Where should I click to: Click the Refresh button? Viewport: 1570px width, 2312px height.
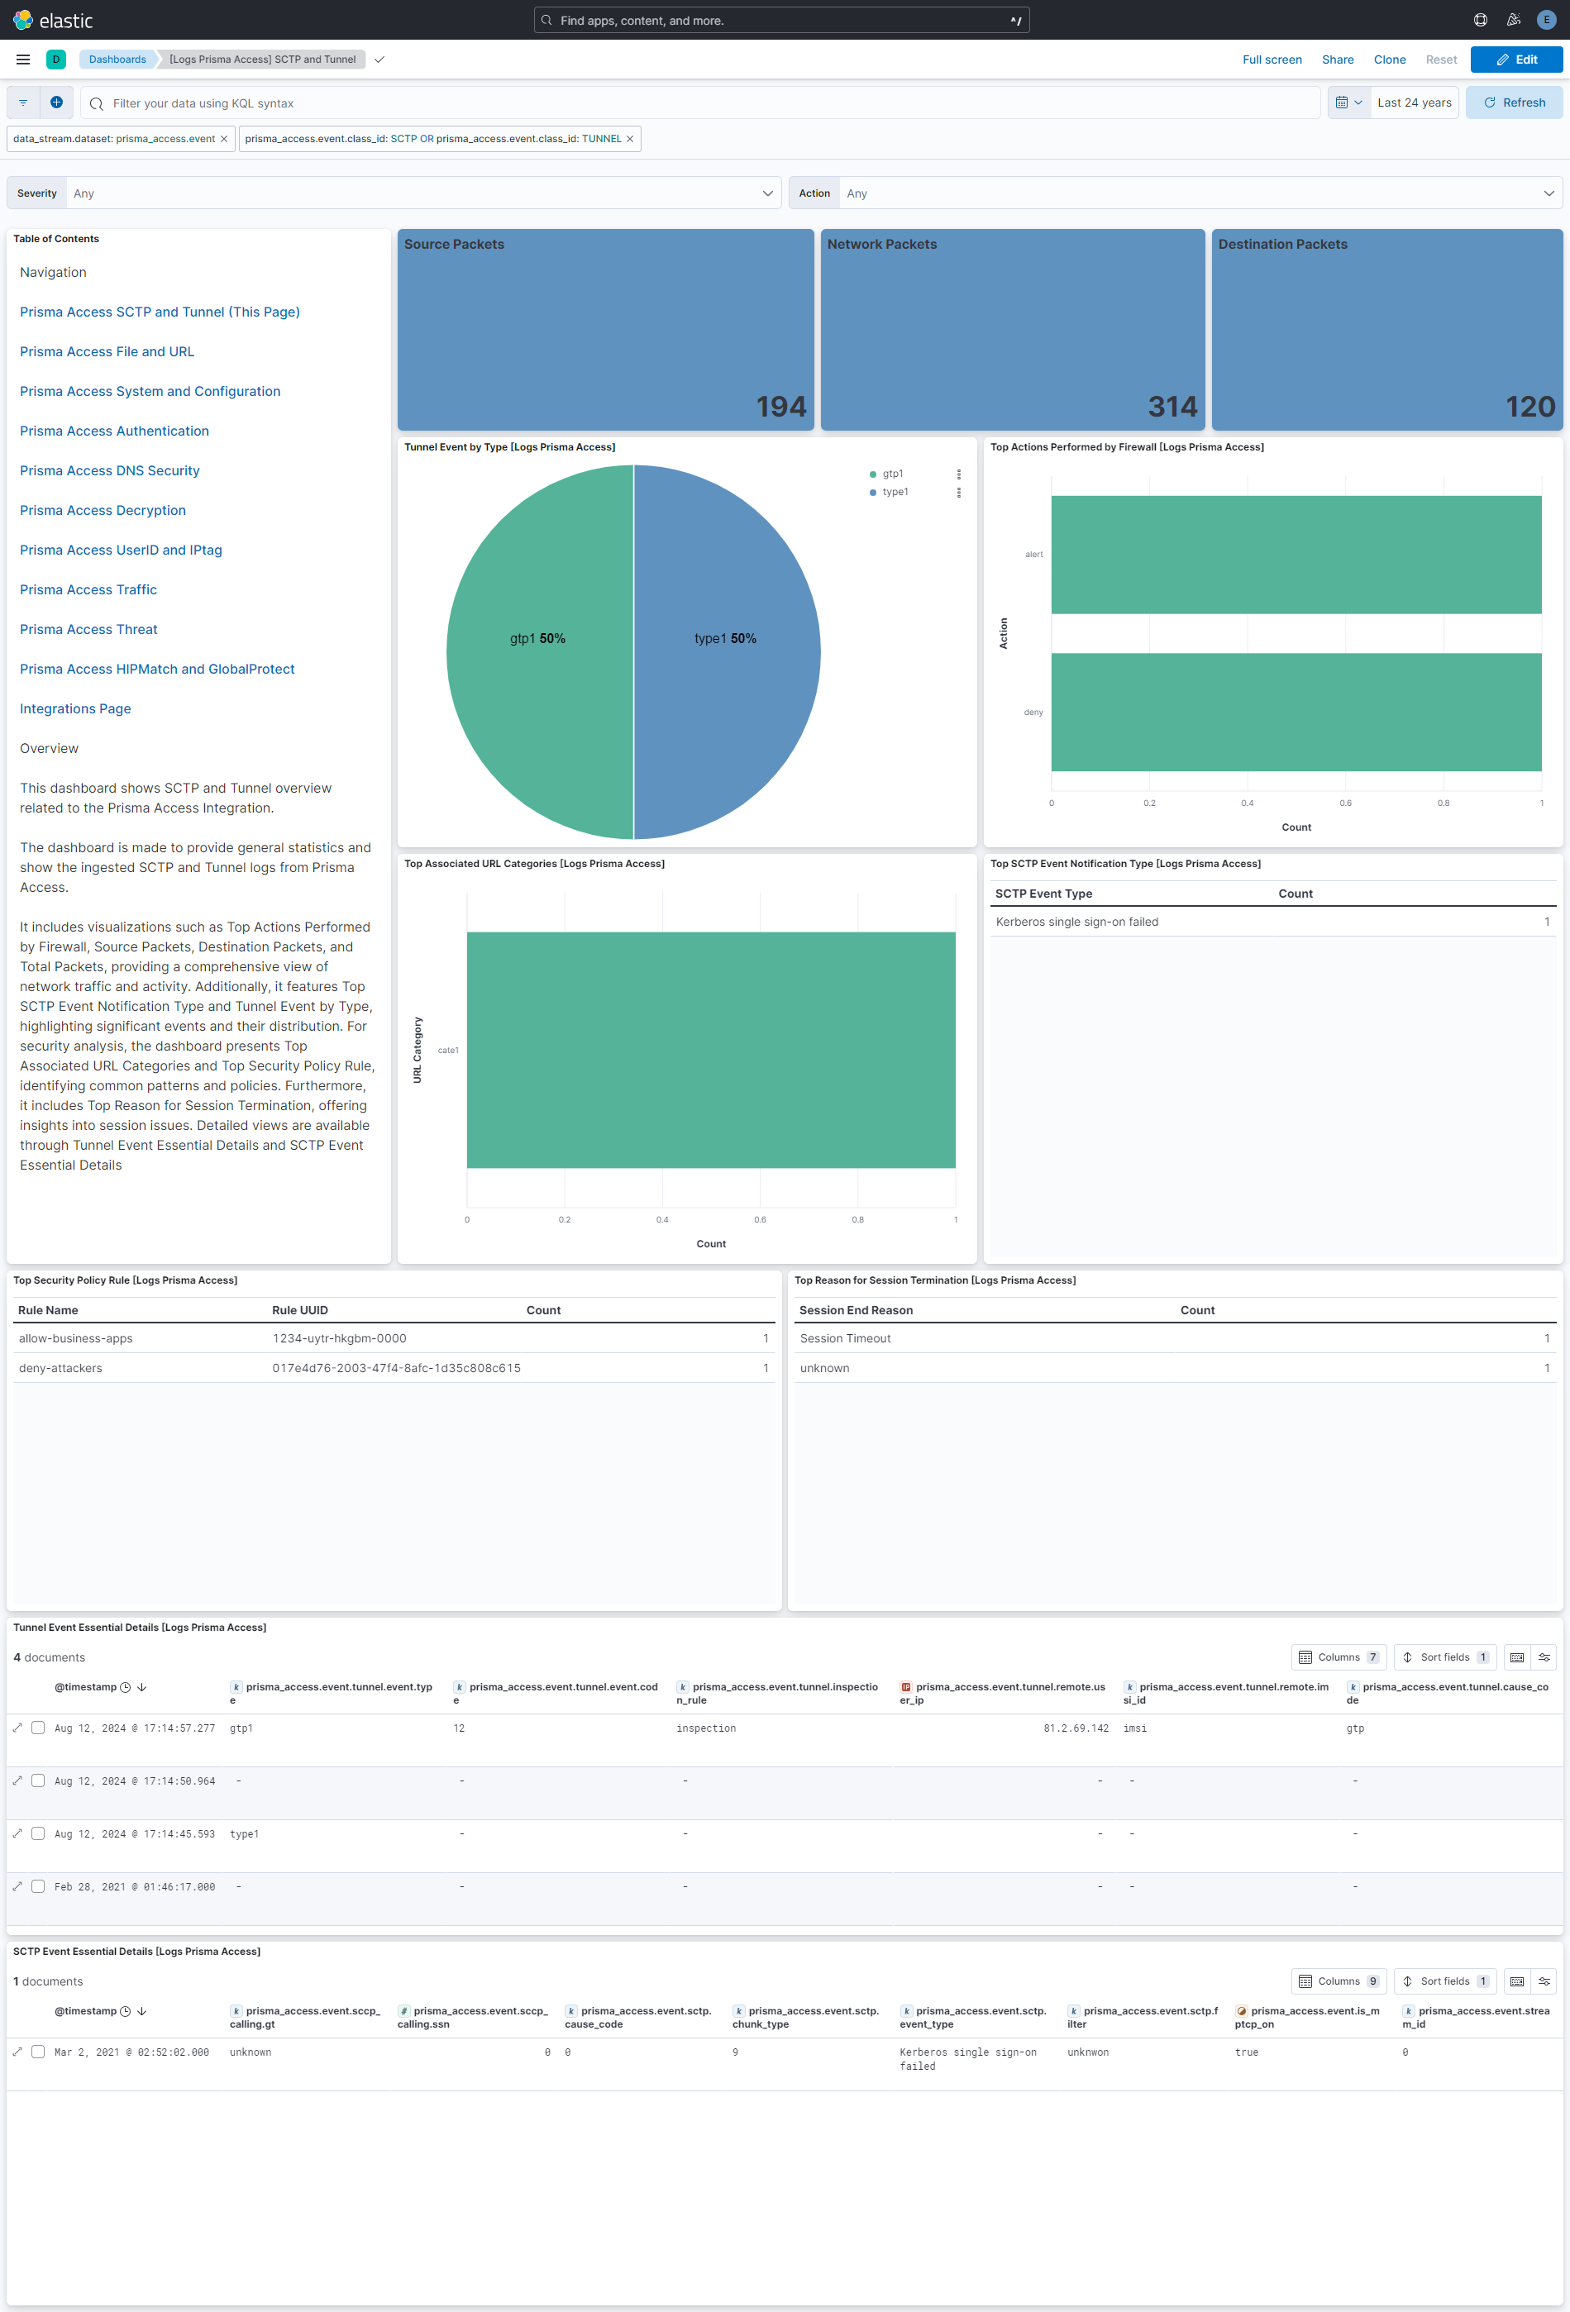click(x=1513, y=102)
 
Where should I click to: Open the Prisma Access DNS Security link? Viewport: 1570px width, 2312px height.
click(x=109, y=470)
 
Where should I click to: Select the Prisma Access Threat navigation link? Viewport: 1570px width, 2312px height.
click(x=88, y=630)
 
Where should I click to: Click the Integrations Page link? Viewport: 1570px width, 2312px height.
click(x=75, y=708)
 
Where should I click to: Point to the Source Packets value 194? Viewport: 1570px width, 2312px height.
click(x=780, y=406)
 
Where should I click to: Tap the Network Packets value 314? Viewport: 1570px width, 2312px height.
click(x=1172, y=406)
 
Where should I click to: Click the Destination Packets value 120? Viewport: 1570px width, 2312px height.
click(x=1529, y=406)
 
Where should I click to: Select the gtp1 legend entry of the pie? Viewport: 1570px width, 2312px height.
click(x=892, y=474)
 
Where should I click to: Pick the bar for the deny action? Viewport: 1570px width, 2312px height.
click(x=1296, y=713)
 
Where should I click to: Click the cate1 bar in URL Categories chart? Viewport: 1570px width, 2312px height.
click(x=710, y=1050)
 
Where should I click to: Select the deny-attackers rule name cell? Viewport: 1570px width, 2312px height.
click(x=60, y=1368)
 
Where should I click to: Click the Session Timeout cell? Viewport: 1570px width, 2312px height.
click(x=845, y=1338)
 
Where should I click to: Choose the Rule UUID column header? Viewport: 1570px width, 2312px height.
click(x=299, y=1310)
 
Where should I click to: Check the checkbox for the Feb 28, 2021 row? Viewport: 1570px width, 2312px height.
click(x=38, y=1886)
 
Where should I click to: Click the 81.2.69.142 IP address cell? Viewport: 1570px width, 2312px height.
click(x=1075, y=1728)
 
